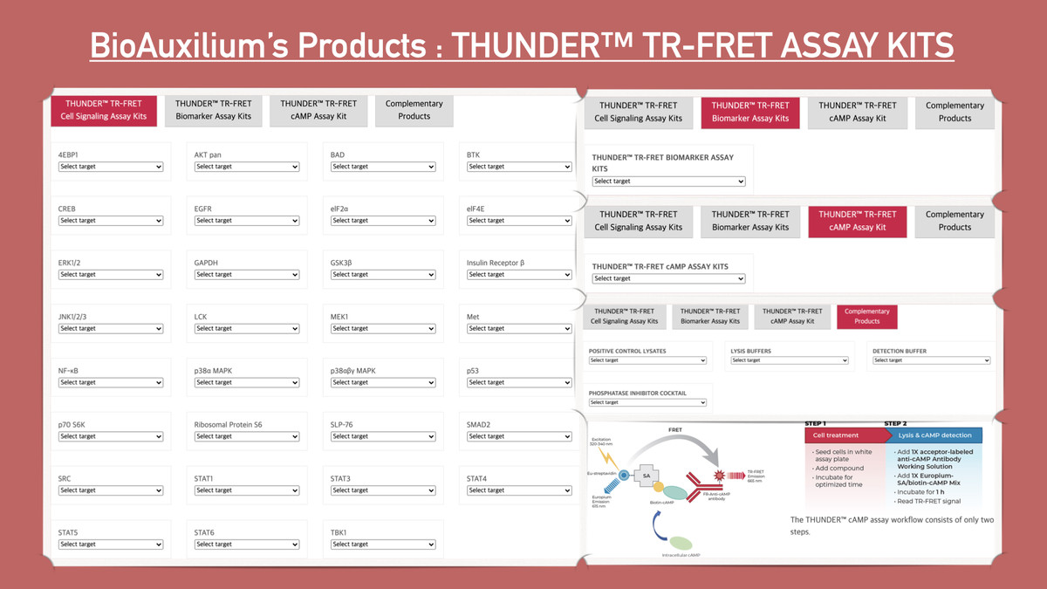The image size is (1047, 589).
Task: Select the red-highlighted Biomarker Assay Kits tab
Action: click(750, 112)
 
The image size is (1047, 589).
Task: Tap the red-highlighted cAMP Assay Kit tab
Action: click(858, 221)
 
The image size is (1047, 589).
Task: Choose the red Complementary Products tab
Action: click(866, 316)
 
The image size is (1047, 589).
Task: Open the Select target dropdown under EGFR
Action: click(248, 221)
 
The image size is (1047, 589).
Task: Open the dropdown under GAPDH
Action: click(248, 275)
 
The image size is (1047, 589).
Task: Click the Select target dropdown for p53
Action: click(520, 382)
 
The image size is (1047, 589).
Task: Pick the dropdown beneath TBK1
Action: click(384, 544)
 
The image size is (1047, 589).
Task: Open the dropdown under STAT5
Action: click(112, 544)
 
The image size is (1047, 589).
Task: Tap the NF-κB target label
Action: click(71, 371)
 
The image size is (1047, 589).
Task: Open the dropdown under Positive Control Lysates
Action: click(647, 360)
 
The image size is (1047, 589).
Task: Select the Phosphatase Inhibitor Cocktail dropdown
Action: click(647, 402)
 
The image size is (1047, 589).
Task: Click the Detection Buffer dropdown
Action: click(931, 360)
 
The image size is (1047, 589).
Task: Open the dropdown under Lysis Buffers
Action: click(790, 360)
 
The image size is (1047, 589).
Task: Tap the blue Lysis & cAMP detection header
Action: click(934, 435)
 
